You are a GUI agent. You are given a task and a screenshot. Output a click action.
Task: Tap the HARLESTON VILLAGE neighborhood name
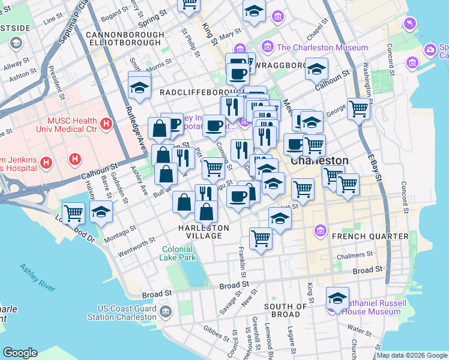coord(203,232)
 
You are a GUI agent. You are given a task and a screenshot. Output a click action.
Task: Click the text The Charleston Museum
coord(322,47)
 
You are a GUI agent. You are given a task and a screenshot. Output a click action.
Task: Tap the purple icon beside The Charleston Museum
coord(268,47)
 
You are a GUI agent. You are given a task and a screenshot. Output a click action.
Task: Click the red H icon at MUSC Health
coord(106,124)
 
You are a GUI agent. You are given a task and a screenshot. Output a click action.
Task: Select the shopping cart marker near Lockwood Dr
coord(73,212)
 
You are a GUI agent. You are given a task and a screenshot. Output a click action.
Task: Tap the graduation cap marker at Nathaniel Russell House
coord(337,298)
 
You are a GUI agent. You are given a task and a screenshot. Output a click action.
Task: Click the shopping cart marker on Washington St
coord(358,109)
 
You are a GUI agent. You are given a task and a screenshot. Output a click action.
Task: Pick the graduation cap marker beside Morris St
coord(139,88)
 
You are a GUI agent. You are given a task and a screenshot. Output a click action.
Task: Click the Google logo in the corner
coord(20,353)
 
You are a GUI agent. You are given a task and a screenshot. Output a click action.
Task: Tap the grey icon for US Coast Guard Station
coord(166,311)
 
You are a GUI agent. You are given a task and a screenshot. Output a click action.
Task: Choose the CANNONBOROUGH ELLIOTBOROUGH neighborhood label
coord(125,39)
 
